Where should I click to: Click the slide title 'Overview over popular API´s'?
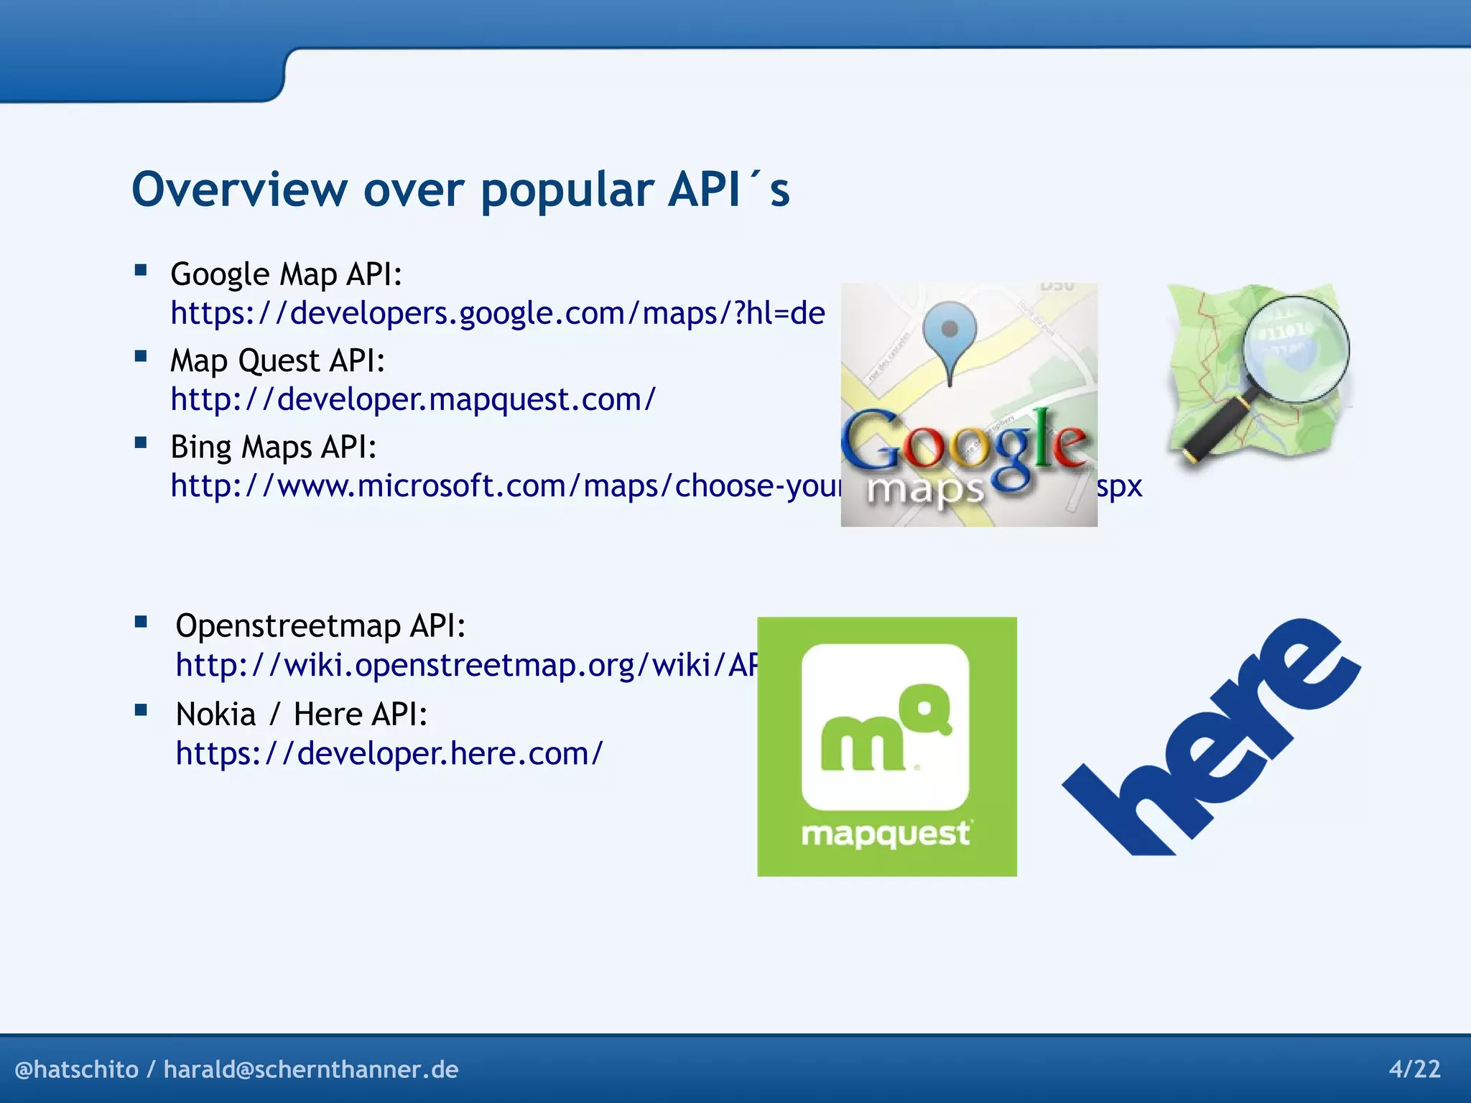(x=460, y=190)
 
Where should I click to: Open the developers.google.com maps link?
(x=497, y=313)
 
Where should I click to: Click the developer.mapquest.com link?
(x=413, y=399)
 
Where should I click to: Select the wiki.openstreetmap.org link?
(x=466, y=665)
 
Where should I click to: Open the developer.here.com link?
(x=389, y=753)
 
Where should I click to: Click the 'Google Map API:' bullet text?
(x=286, y=274)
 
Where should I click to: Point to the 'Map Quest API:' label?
(x=277, y=360)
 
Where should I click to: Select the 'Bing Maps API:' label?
(x=273, y=447)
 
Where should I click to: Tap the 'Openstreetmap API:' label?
(x=320, y=625)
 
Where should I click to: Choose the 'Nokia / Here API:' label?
(x=302, y=715)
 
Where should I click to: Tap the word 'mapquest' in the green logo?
(x=886, y=834)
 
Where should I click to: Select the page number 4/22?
(x=1414, y=1069)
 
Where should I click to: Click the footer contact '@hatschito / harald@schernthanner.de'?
(x=236, y=1069)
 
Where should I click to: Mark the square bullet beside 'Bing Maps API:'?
(x=141, y=443)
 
